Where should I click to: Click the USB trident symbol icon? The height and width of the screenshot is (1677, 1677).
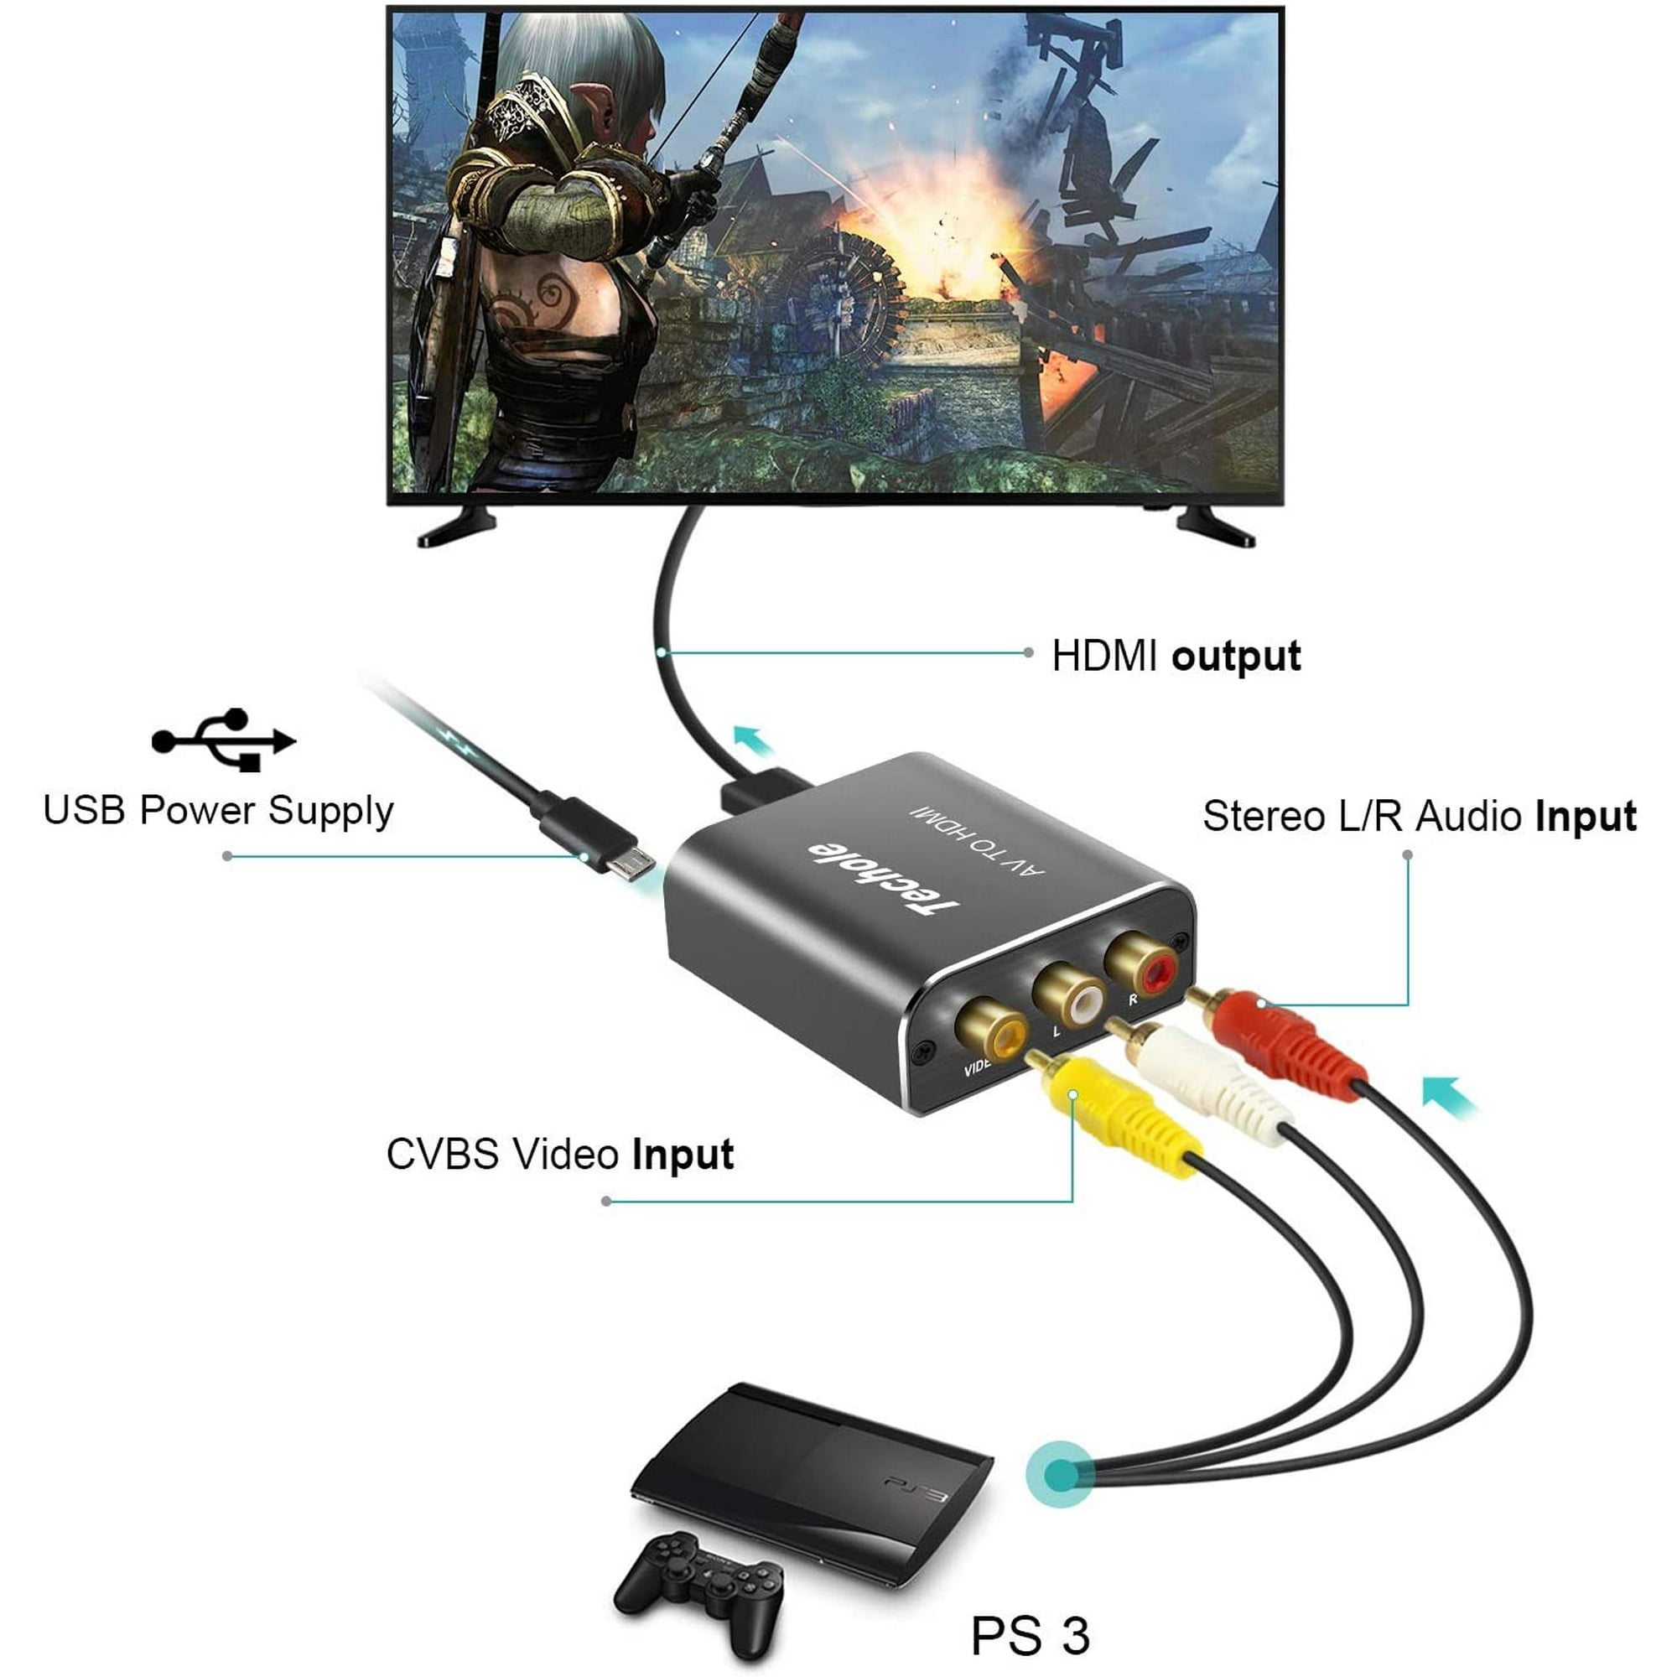pos(224,740)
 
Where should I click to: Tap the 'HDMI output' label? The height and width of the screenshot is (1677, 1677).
pos(1176,657)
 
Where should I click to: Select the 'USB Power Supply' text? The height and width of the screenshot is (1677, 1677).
pos(218,810)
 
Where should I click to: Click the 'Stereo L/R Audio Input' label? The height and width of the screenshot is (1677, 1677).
pos(1419,817)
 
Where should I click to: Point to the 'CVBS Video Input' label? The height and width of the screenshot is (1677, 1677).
pos(560,1155)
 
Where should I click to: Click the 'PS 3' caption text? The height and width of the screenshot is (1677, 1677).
pos(1030,1635)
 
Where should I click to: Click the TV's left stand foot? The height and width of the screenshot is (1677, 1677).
pos(457,527)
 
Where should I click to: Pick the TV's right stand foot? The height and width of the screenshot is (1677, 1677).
pos(1215,526)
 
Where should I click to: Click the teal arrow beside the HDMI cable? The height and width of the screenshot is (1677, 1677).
pos(753,741)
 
